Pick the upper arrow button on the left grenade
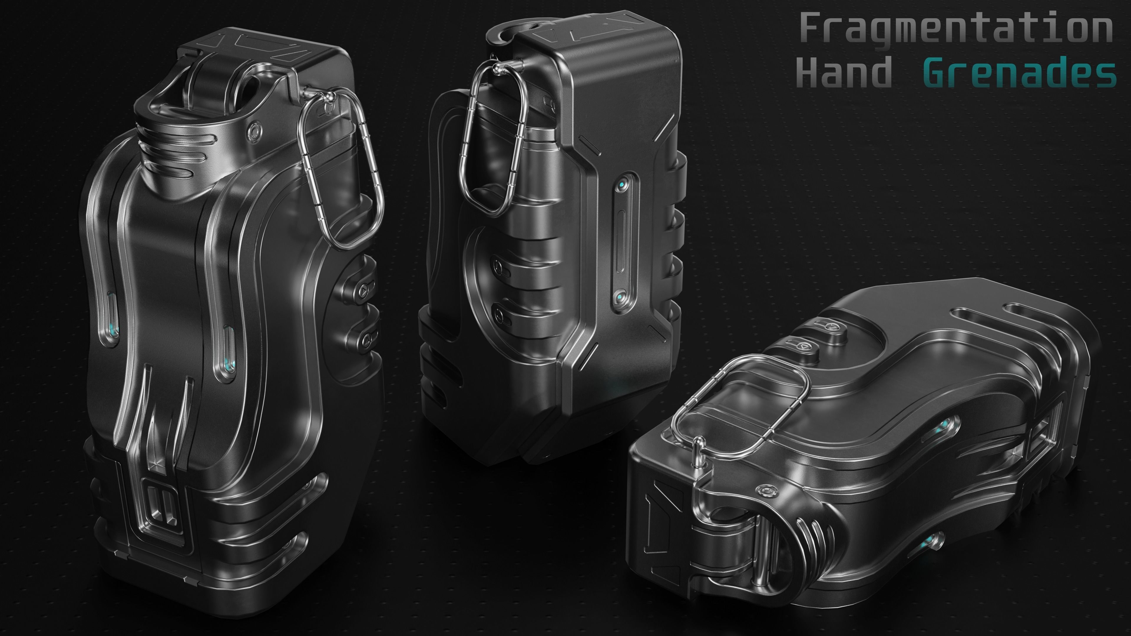point(364,290)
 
